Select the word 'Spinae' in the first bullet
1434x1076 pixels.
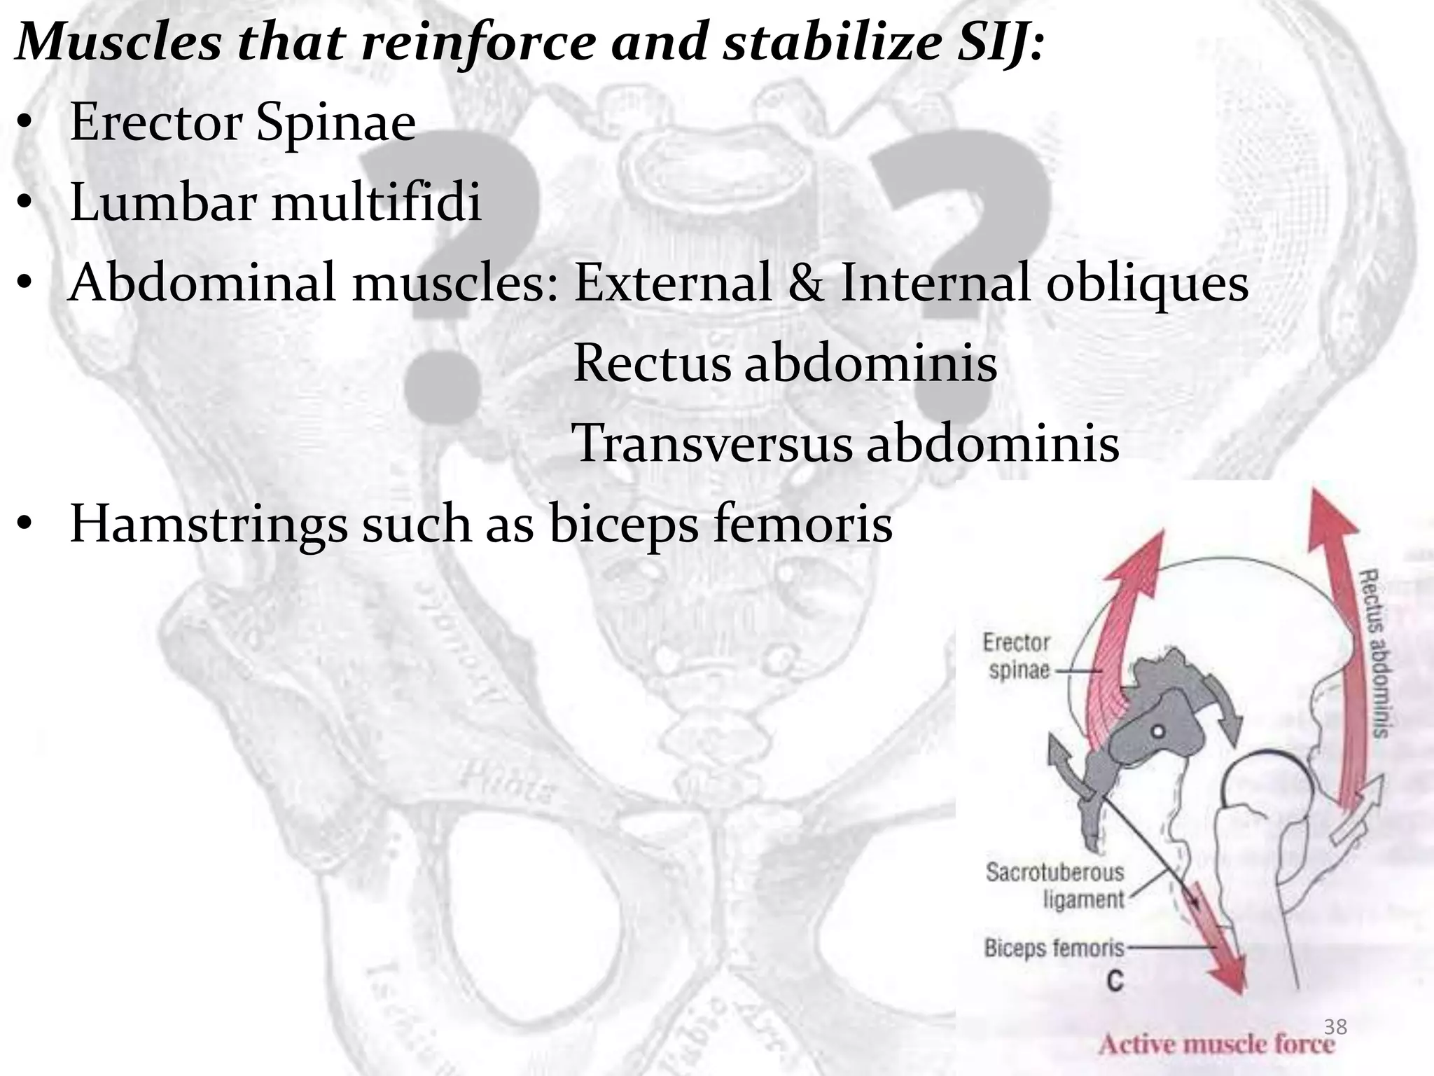(335, 123)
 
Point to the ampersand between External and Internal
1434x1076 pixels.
(805, 283)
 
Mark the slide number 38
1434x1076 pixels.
(1335, 1027)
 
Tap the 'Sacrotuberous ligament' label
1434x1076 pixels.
(1054, 885)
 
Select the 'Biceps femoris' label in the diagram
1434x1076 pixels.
(1054, 949)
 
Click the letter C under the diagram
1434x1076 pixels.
(1115, 981)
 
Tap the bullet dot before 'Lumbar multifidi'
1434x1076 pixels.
(25, 205)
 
